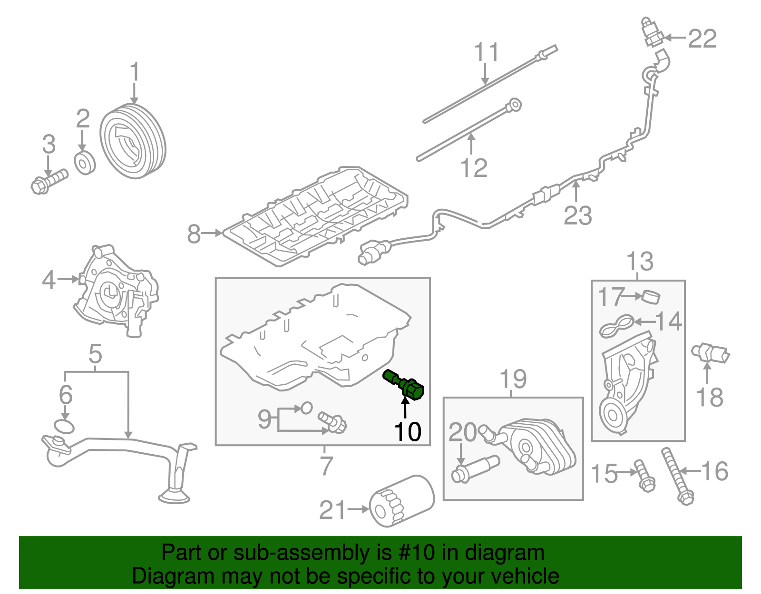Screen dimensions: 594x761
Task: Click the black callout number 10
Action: click(408, 432)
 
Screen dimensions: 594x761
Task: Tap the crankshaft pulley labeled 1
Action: click(133, 141)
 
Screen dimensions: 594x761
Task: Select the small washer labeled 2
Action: click(85, 163)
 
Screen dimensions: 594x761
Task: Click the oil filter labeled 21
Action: click(402, 501)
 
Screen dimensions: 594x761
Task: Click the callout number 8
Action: click(194, 234)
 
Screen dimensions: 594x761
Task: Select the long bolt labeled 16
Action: click(677, 476)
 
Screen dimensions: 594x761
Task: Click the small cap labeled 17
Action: click(651, 297)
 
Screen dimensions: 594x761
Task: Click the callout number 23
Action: click(577, 215)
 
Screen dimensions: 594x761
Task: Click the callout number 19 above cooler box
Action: click(513, 379)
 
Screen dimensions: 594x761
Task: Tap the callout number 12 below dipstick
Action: click(474, 168)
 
